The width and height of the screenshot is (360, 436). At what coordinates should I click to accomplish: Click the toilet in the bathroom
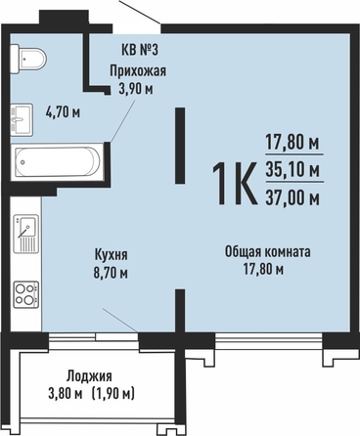[x=27, y=59]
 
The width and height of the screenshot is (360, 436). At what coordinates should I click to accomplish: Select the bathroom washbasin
[x=22, y=119]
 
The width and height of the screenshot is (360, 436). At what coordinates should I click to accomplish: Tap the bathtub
[x=58, y=161]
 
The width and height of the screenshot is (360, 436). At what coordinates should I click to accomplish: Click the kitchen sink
[x=26, y=234]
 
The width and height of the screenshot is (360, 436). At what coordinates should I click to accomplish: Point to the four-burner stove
[x=26, y=294]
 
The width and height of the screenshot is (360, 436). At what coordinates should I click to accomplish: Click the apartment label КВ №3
[x=139, y=50]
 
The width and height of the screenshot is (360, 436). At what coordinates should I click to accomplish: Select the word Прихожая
[x=138, y=70]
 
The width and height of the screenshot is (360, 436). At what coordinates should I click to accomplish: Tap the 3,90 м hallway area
[x=136, y=89]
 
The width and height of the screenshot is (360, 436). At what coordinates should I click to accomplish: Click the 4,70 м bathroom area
[x=63, y=112]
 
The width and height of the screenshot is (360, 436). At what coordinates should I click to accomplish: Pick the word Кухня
[x=111, y=255]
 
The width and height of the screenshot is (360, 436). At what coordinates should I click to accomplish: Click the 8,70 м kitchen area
[x=111, y=273]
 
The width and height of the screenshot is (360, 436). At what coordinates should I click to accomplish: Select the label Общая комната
[x=268, y=252]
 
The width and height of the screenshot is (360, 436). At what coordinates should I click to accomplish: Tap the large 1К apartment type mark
[x=234, y=184]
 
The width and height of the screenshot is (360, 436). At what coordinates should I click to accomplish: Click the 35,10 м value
[x=292, y=170]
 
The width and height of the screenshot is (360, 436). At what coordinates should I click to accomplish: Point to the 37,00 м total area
[x=292, y=197]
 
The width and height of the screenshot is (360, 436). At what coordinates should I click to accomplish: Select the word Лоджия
[x=89, y=376]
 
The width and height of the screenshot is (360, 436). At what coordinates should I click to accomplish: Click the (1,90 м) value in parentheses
[x=113, y=394]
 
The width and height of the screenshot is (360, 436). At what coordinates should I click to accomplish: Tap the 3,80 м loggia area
[x=65, y=394]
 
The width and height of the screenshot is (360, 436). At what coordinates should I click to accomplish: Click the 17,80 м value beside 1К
[x=292, y=143]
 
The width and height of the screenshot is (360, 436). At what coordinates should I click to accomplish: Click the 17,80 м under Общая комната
[x=263, y=270]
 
